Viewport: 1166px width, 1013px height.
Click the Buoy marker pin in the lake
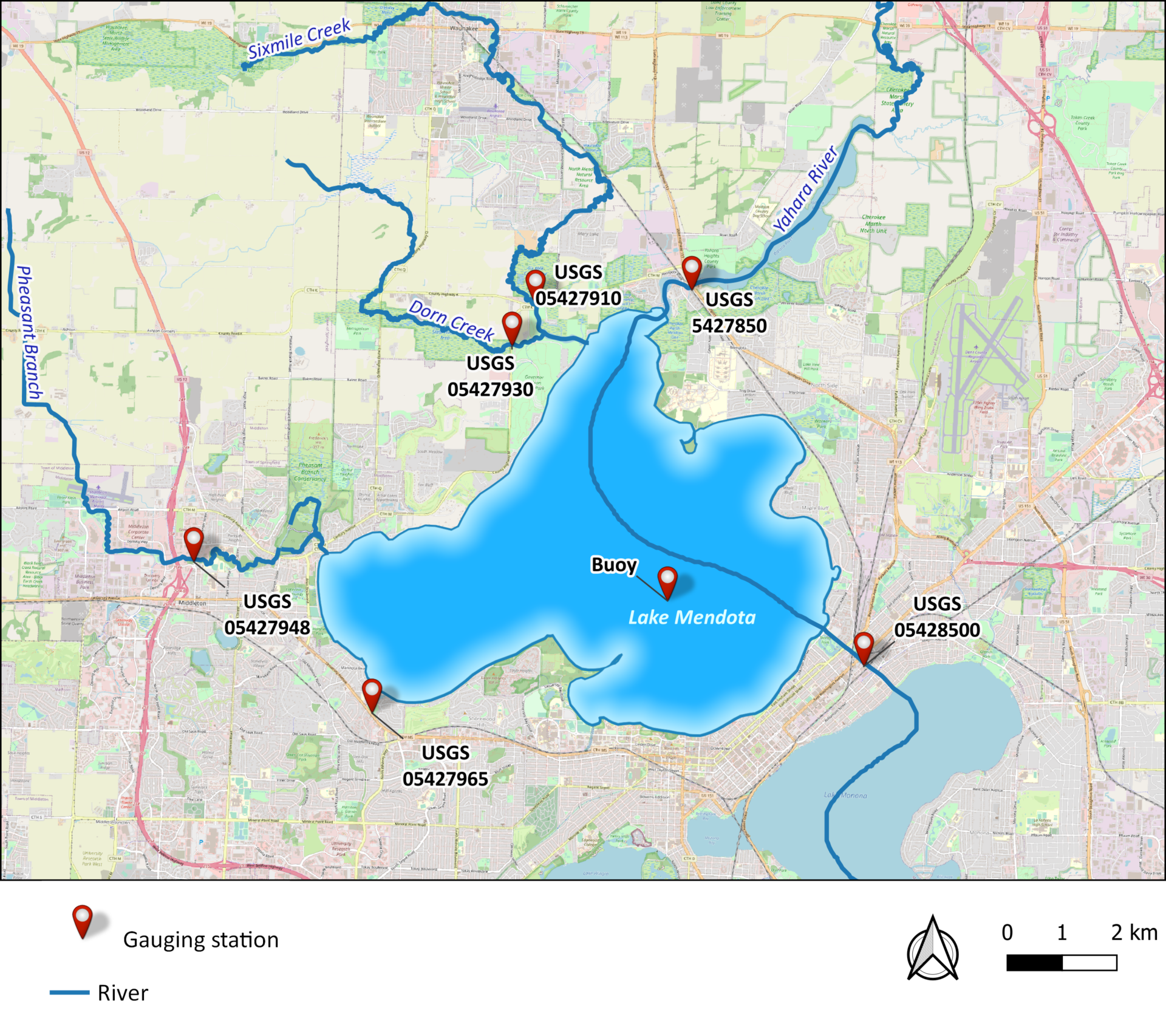667,581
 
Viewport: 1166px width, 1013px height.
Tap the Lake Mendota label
692,618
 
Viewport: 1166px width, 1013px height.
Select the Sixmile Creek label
299,38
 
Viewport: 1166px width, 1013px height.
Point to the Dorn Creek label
451,319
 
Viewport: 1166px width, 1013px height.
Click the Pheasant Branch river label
28,333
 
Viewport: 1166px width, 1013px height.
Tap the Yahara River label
805,189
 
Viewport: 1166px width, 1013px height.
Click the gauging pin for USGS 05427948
193,541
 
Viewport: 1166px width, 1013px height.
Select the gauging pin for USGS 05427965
372,692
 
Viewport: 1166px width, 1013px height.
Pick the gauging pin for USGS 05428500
864,646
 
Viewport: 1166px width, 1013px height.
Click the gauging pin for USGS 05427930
512,326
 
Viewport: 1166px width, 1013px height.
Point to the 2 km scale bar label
1134,933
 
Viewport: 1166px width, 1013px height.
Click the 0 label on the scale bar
1007,933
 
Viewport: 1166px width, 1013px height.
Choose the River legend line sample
69,993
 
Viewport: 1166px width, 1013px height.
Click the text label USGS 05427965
445,766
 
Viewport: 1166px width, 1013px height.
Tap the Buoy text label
614,565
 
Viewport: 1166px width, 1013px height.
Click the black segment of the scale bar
1034,963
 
